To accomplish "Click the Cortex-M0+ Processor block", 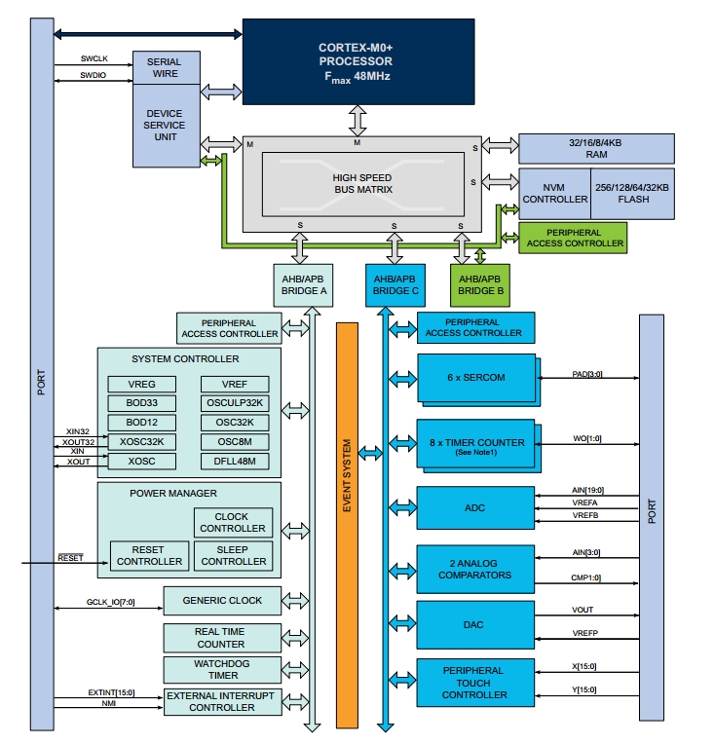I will tap(355, 60).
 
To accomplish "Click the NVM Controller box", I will tap(554, 191).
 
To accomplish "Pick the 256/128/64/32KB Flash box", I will tap(632, 191).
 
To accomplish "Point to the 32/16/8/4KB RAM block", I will tap(596, 148).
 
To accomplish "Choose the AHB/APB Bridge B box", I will tap(480, 283).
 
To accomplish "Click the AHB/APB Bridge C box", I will tap(395, 283).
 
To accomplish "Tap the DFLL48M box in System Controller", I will tap(235, 461).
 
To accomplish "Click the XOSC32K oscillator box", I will tap(141, 441).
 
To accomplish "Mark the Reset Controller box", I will tap(149, 555).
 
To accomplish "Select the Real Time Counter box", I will tap(220, 637).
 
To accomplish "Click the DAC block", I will tap(475, 624).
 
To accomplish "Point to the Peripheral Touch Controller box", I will tap(474, 682).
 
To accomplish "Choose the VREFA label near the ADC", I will tap(588, 502).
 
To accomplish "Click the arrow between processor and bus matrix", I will tap(357, 118).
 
